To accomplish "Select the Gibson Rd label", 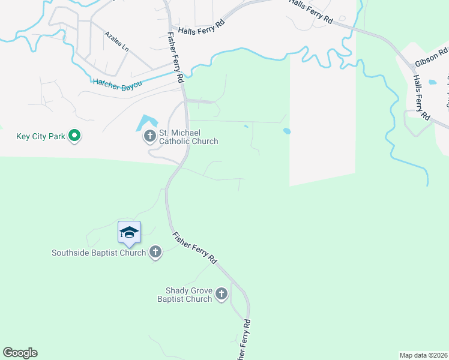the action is click(431, 58).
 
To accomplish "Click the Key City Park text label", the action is click(40, 136).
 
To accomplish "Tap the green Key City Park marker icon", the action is click(74, 136).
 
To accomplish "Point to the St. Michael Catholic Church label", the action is click(188, 137).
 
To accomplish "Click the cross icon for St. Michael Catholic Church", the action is click(149, 137).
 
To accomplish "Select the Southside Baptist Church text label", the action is click(99, 253).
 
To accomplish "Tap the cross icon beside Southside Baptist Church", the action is click(155, 252).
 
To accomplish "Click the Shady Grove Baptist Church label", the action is click(185, 294).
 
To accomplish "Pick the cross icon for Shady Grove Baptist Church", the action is click(221, 294).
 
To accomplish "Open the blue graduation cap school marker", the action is click(129, 232).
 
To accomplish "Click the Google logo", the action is click(20, 353).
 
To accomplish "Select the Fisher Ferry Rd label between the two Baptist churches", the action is click(194, 248).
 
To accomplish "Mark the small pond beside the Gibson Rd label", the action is click(432, 82).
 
